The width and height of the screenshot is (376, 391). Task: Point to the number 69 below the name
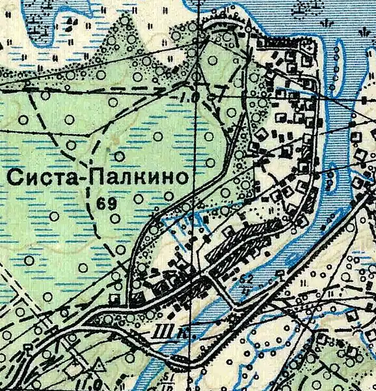[107, 203]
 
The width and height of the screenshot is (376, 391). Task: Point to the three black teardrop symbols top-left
[72, 22]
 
